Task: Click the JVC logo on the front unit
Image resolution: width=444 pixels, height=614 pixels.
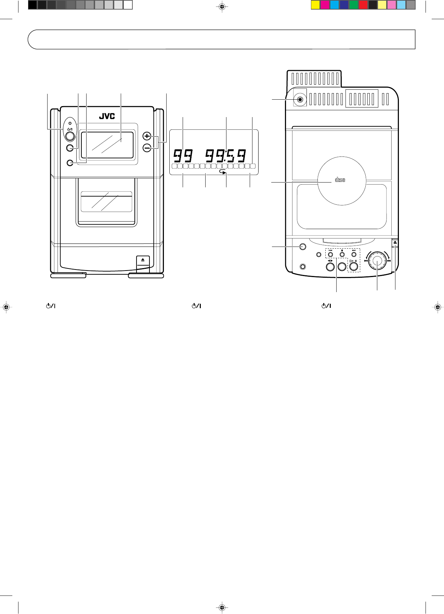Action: tap(107, 116)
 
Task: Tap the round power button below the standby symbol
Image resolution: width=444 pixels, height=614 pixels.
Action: tap(70, 136)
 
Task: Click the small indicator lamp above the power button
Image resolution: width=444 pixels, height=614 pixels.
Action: tap(70, 123)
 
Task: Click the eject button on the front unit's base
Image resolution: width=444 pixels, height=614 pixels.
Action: tap(143, 260)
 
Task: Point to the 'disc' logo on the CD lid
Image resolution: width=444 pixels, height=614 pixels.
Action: tap(340, 180)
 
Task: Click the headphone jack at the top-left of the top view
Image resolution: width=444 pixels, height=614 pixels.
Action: tap(300, 100)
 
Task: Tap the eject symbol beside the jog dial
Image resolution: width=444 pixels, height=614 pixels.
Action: tap(395, 242)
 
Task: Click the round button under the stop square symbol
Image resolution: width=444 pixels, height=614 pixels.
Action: tap(342, 255)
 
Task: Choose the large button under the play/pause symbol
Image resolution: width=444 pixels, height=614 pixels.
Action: tap(354, 266)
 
